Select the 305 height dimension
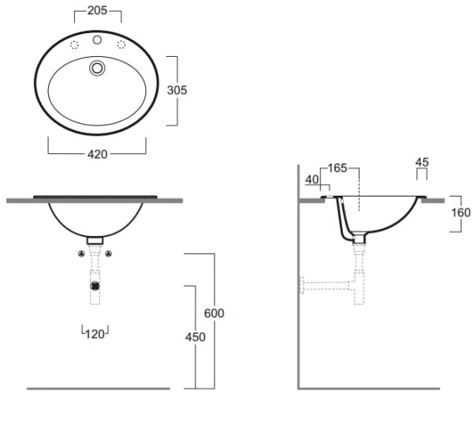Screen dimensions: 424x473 (177, 90)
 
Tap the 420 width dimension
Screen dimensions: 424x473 (97, 154)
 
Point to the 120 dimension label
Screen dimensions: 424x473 (95, 334)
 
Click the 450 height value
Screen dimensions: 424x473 (195, 337)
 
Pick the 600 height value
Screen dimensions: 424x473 (214, 313)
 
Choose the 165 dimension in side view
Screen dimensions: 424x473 (337, 167)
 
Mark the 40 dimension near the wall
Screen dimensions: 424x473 (311, 180)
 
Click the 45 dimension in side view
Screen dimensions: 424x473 (422, 163)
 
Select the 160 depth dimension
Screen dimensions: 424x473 (461, 212)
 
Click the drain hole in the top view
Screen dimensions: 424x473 (97, 69)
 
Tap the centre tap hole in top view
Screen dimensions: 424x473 (97, 39)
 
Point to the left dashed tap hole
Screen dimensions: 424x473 (74, 45)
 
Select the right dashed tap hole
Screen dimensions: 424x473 (121, 45)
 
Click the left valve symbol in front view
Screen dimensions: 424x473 (81, 253)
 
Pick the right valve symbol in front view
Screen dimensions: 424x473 (109, 253)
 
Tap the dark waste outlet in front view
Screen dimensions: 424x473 (95, 284)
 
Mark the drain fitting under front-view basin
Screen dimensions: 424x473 (95, 238)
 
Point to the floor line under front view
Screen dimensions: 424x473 (99, 388)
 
